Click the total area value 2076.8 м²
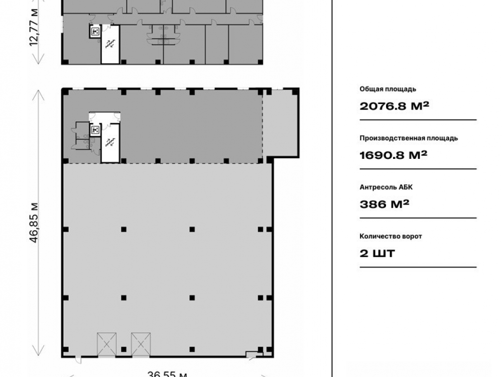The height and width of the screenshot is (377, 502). pyautogui.click(x=394, y=106)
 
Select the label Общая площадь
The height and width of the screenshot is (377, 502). pyautogui.click(x=388, y=89)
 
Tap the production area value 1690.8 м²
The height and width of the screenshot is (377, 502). pyautogui.click(x=394, y=155)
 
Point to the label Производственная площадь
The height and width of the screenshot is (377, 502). pyautogui.click(x=409, y=138)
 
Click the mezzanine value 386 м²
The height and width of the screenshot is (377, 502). pyautogui.click(x=385, y=204)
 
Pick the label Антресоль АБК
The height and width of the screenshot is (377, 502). pyautogui.click(x=386, y=187)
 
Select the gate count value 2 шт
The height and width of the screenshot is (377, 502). pyautogui.click(x=378, y=253)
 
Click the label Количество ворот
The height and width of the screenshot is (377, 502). pyautogui.click(x=391, y=236)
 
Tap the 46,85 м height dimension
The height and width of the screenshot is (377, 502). pyautogui.click(x=34, y=223)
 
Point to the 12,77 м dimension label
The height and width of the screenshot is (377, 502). pyautogui.click(x=34, y=27)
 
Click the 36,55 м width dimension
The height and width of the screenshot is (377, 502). pyautogui.click(x=168, y=374)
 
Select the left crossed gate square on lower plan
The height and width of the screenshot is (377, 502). pyautogui.click(x=106, y=344)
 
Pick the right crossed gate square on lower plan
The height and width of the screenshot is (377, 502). pyautogui.click(x=141, y=344)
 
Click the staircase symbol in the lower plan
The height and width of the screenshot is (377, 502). pyautogui.click(x=110, y=142)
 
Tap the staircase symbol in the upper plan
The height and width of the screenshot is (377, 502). pyautogui.click(x=110, y=44)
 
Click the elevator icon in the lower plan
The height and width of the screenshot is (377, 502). pyautogui.click(x=95, y=130)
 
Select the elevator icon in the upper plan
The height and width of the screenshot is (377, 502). pyautogui.click(x=95, y=31)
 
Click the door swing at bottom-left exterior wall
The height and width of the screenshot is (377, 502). pyautogui.click(x=78, y=360)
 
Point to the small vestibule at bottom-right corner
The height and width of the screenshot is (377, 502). pyautogui.click(x=255, y=353)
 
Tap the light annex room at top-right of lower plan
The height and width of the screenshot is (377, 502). pyautogui.click(x=280, y=124)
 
